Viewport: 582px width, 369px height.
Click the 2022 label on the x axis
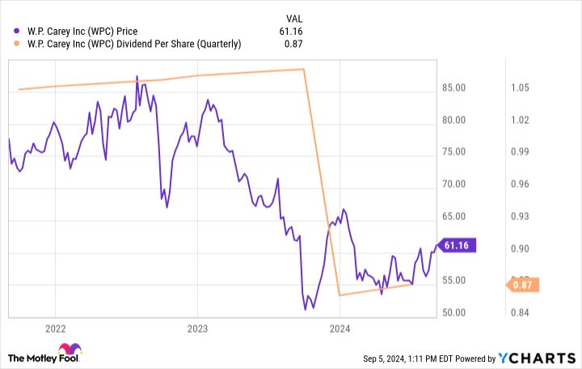pyautogui.click(x=55, y=329)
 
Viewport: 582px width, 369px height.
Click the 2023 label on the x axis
pyautogui.click(x=197, y=329)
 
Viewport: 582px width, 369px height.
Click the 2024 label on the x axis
pyautogui.click(x=339, y=329)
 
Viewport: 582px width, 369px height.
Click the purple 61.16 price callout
pyautogui.click(x=458, y=245)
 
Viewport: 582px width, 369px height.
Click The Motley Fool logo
pyautogui.click(x=44, y=357)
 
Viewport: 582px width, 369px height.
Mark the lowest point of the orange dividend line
pyautogui.click(x=339, y=295)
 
